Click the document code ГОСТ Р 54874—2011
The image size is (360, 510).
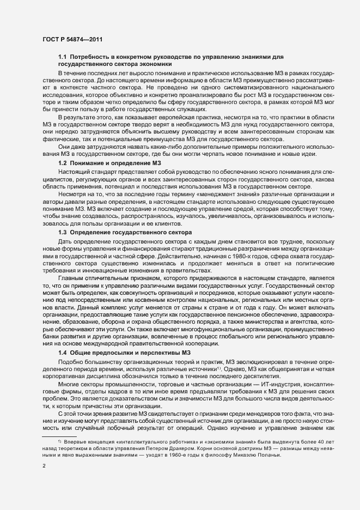(71, 40)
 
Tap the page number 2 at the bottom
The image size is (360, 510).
(43, 466)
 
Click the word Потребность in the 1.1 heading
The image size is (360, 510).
(92, 57)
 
